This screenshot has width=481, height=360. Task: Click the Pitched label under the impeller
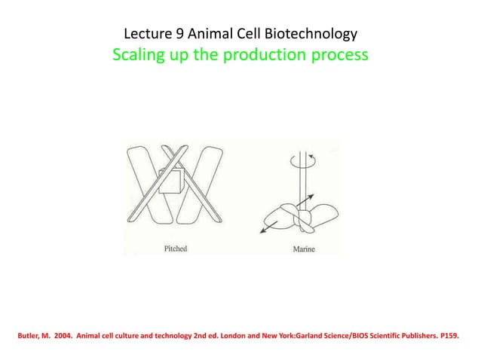pos(175,248)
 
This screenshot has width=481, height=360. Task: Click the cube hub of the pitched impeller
pos(172,180)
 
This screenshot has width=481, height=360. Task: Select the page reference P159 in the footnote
pos(446,329)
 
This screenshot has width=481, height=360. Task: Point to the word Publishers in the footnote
pos(410,329)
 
